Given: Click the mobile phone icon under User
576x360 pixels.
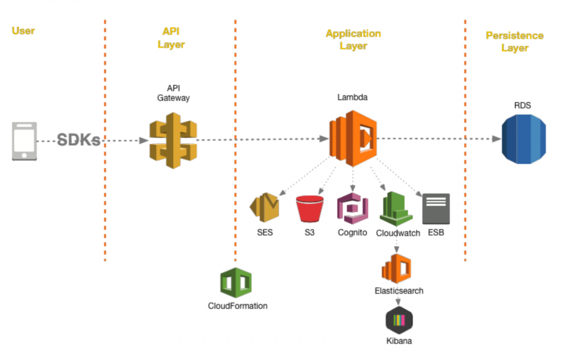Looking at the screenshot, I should pos(25,141).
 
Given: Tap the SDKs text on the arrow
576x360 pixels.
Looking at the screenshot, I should pos(79,141).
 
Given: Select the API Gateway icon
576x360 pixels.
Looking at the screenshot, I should pos(173,140).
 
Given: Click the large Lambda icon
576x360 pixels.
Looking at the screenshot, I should pos(353,138).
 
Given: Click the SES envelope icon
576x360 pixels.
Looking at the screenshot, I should pos(265,208).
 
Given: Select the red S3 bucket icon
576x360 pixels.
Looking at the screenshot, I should pos(310,209).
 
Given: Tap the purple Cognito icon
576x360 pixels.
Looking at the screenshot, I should pos(352,209).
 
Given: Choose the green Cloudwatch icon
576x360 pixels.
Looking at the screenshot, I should pos(396,209).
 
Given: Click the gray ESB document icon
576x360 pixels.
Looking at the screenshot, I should pos(436,209).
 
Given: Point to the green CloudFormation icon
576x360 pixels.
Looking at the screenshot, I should pos(236,283).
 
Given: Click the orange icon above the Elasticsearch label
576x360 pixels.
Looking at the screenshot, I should pos(397,269).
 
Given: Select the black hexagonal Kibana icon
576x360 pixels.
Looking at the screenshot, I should pos(399,320).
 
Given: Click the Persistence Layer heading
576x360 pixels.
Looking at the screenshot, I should pos(514,42).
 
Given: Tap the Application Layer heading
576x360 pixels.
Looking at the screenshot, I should pos(353,40).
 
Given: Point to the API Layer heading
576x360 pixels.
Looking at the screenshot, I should pos(171,38).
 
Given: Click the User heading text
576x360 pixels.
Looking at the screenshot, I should pos(23,30).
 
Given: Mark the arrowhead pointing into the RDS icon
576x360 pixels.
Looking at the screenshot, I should pos(496,139).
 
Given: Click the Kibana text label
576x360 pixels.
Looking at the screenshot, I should pos(399,341).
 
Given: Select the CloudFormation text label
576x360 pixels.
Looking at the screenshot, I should pos(237,306).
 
